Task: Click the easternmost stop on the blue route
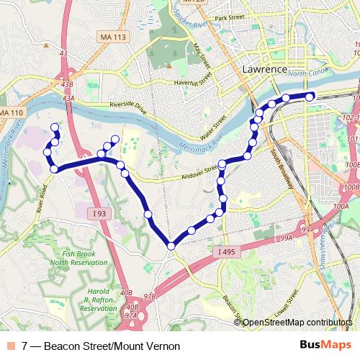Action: [310, 96]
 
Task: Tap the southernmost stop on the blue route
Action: [171, 246]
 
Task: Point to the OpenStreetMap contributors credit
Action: [297, 323]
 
